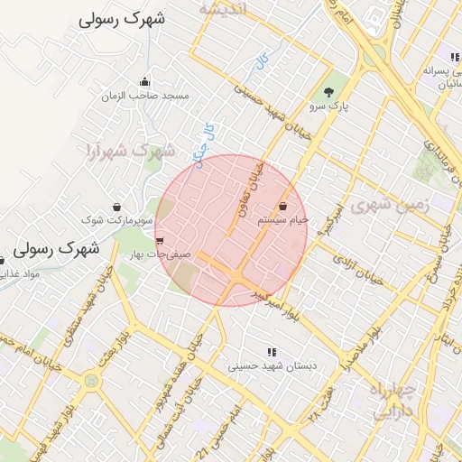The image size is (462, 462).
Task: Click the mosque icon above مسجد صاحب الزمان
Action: point(145,82)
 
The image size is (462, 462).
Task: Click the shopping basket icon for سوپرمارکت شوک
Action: point(117,206)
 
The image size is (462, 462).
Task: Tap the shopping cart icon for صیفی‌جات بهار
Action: point(160,241)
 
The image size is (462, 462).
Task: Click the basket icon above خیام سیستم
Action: point(283,206)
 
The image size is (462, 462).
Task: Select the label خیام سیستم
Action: point(283,219)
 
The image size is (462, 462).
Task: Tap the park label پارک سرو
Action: point(329,106)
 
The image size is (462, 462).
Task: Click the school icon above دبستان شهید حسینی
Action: point(270,352)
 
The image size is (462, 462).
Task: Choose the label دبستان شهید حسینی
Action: point(270,366)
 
